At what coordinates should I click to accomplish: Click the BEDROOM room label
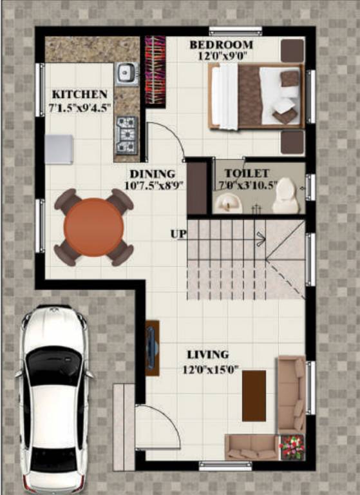[x=221, y=45]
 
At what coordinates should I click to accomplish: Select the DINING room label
[x=152, y=174]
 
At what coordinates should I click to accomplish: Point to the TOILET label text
[x=247, y=174]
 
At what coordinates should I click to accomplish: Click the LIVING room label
[x=207, y=355]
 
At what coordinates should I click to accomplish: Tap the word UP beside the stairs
[x=178, y=233]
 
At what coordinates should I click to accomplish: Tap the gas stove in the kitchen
[x=126, y=133]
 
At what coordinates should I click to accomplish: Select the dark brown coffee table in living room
[x=254, y=395]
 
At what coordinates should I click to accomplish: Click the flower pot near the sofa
[x=291, y=447]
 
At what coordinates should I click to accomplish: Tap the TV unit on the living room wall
[x=153, y=347]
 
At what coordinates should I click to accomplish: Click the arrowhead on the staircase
[x=261, y=239]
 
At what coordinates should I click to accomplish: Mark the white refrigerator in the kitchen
[x=59, y=149]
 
